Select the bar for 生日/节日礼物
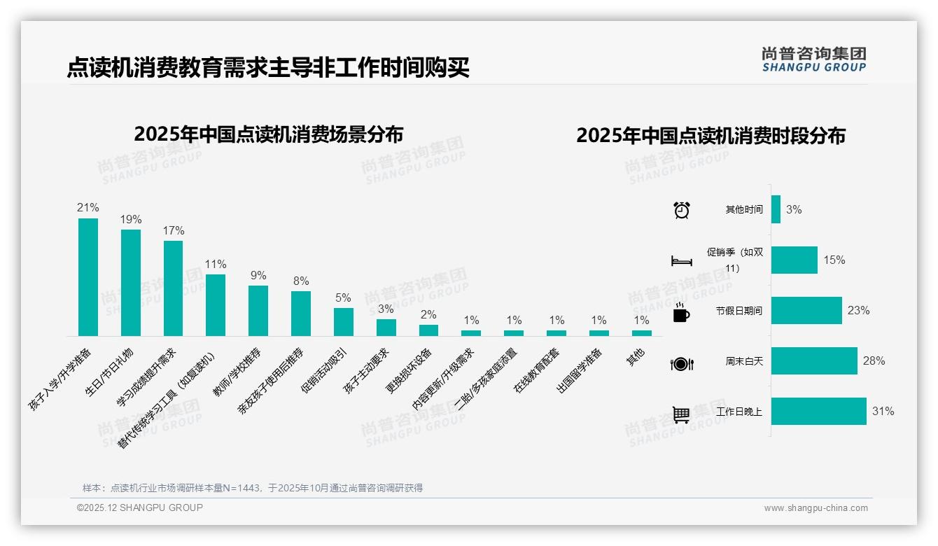tap(130, 283)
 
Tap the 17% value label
tap(174, 230)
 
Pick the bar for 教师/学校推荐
tap(258, 311)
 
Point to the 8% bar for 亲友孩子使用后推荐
tap(301, 314)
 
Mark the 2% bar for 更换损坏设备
tap(428, 330)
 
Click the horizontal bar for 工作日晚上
tap(818, 412)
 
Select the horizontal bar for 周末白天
tap(814, 361)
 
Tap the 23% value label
tap(858, 310)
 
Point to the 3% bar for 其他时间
tap(776, 209)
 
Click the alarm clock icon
tap(681, 210)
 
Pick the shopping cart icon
tap(681, 414)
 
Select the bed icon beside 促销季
tap(681, 261)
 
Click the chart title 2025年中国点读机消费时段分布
tap(710, 135)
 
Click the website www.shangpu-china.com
tap(815, 508)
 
